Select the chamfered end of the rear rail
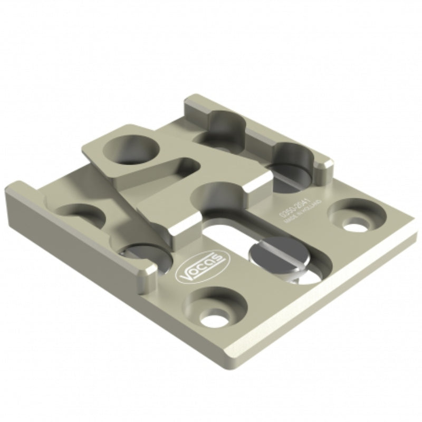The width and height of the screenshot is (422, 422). click(327, 164)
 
